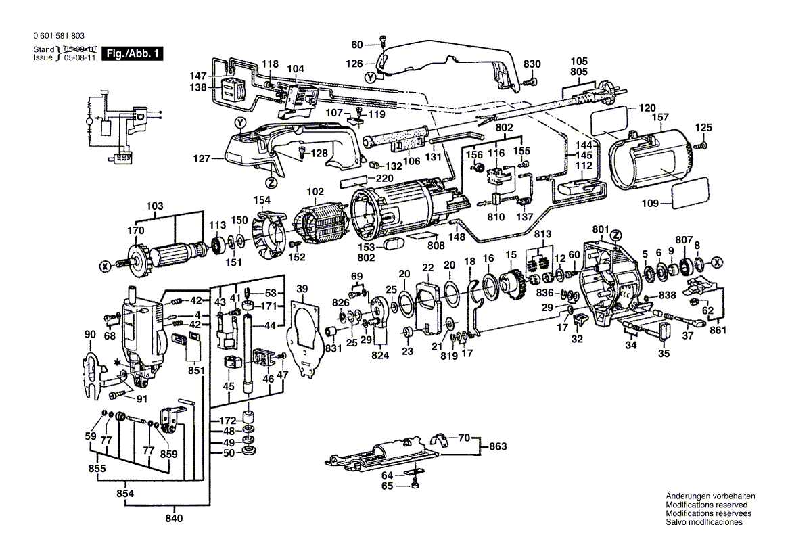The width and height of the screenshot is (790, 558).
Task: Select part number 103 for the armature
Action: point(155,206)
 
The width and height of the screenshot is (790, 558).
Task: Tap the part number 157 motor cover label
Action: point(660,117)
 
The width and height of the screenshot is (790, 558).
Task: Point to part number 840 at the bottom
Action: point(174,519)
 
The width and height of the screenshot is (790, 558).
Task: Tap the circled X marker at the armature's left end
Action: point(105,267)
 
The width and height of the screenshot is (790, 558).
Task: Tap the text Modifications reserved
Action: point(706,505)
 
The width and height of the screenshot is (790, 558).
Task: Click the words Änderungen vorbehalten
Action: point(710,496)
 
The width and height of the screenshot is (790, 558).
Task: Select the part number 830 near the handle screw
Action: point(532,64)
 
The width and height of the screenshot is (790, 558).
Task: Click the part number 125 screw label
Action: point(704,128)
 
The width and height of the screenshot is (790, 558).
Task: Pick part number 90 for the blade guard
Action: point(90,334)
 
